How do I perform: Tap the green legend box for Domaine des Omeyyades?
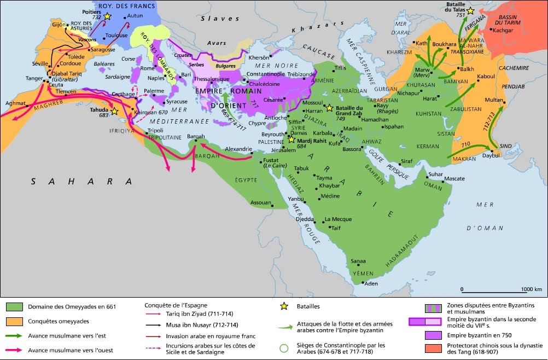14,307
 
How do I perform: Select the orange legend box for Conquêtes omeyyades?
14,321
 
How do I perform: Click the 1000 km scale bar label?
530,289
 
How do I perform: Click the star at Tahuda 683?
115,111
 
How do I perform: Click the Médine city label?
330,196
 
